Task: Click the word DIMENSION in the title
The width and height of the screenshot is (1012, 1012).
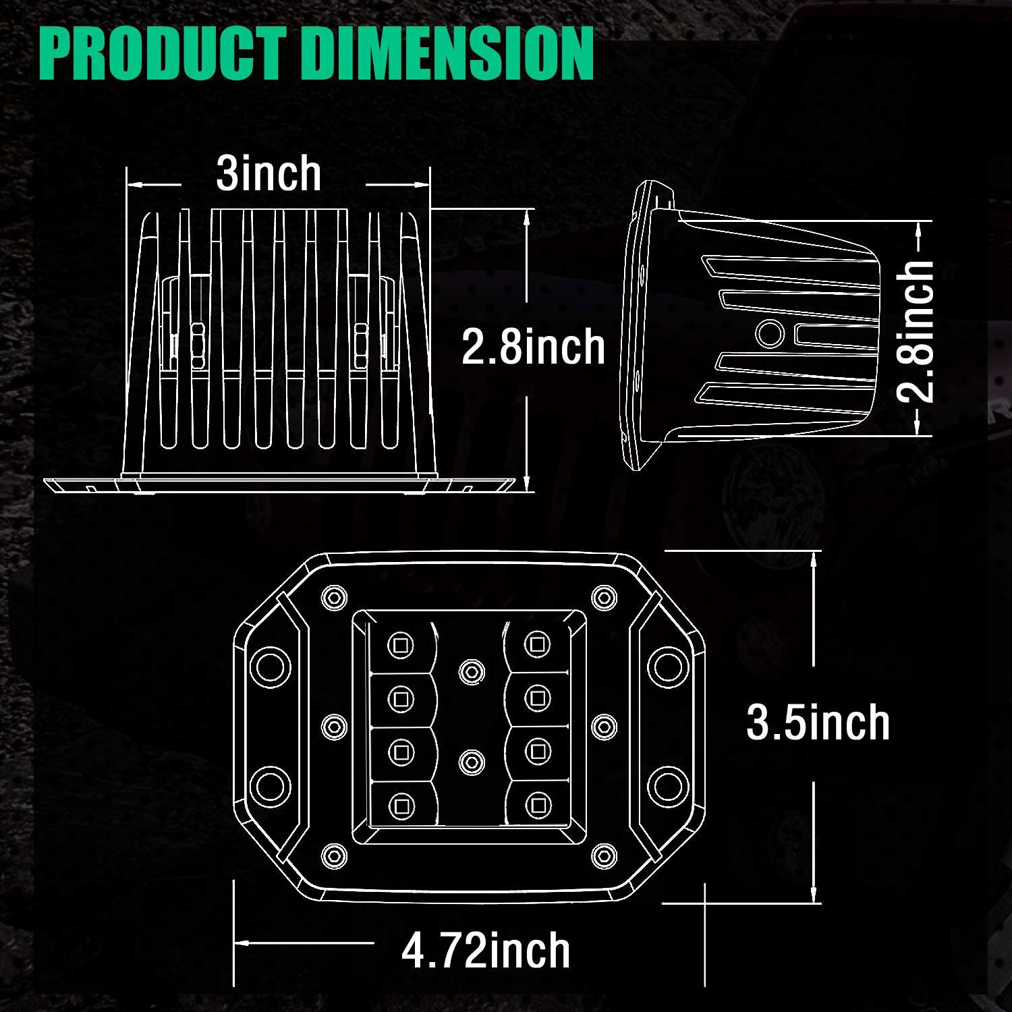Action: click(x=449, y=54)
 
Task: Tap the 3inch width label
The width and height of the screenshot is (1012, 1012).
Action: click(x=269, y=174)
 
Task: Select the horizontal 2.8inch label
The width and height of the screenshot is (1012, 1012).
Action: click(x=533, y=347)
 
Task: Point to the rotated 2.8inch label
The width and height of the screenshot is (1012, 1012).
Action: click(x=916, y=332)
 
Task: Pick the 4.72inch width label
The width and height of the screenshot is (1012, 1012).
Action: click(x=486, y=951)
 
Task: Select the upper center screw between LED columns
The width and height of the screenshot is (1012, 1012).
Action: click(x=471, y=671)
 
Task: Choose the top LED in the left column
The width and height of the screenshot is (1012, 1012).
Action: click(x=401, y=645)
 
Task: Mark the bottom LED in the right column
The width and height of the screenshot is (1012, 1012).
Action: click(x=537, y=804)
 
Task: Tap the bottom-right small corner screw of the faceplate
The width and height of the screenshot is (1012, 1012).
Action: click(x=603, y=855)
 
